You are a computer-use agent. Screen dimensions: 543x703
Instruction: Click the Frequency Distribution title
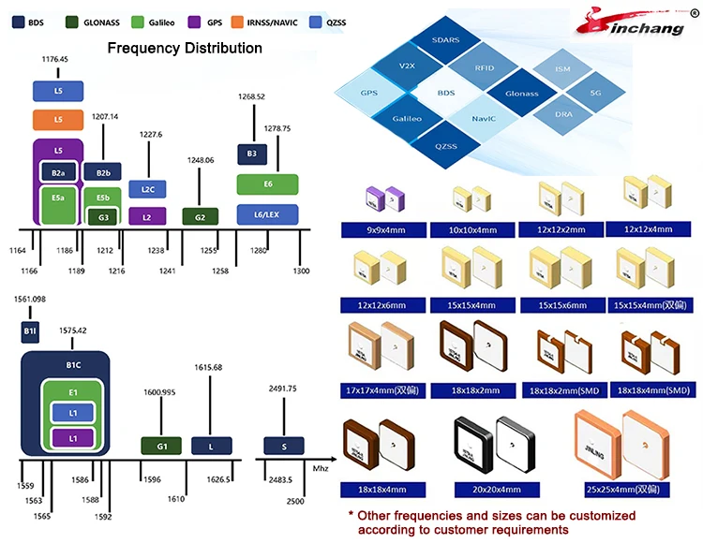(x=185, y=48)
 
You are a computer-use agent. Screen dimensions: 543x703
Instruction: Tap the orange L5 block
(x=58, y=119)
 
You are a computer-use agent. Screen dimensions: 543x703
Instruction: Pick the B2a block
(x=58, y=172)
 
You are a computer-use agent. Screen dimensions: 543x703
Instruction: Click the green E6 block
(x=267, y=184)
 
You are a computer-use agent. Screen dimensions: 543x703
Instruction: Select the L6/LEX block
(x=267, y=214)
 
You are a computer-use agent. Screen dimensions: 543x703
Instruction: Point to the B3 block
(x=251, y=154)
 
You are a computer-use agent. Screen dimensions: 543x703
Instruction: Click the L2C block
(x=147, y=189)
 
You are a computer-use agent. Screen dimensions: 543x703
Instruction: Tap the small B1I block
(x=29, y=330)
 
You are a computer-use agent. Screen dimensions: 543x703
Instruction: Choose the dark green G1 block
(x=161, y=447)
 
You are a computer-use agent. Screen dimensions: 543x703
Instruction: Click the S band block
(x=282, y=447)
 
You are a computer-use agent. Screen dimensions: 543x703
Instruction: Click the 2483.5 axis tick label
(x=279, y=479)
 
